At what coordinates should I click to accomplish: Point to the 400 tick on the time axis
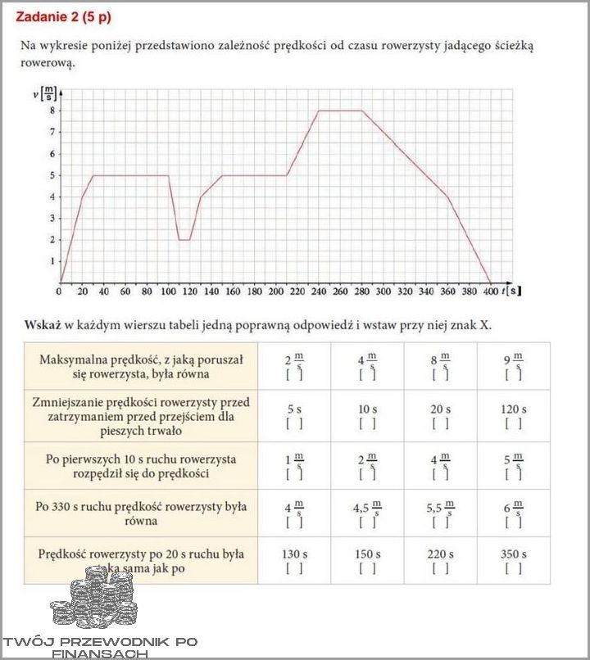tap(490, 291)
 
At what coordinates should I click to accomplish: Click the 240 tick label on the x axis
tap(318, 291)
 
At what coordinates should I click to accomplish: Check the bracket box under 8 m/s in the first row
tap(441, 375)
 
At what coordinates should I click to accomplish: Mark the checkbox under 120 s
tap(514, 423)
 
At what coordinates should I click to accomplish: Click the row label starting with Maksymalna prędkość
tap(142, 366)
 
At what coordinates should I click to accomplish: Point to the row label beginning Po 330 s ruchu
tap(142, 513)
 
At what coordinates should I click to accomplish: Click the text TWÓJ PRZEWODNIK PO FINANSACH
tap(100, 647)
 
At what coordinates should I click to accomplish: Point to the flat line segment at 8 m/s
tap(340, 111)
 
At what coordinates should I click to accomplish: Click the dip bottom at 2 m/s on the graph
tap(184, 240)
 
